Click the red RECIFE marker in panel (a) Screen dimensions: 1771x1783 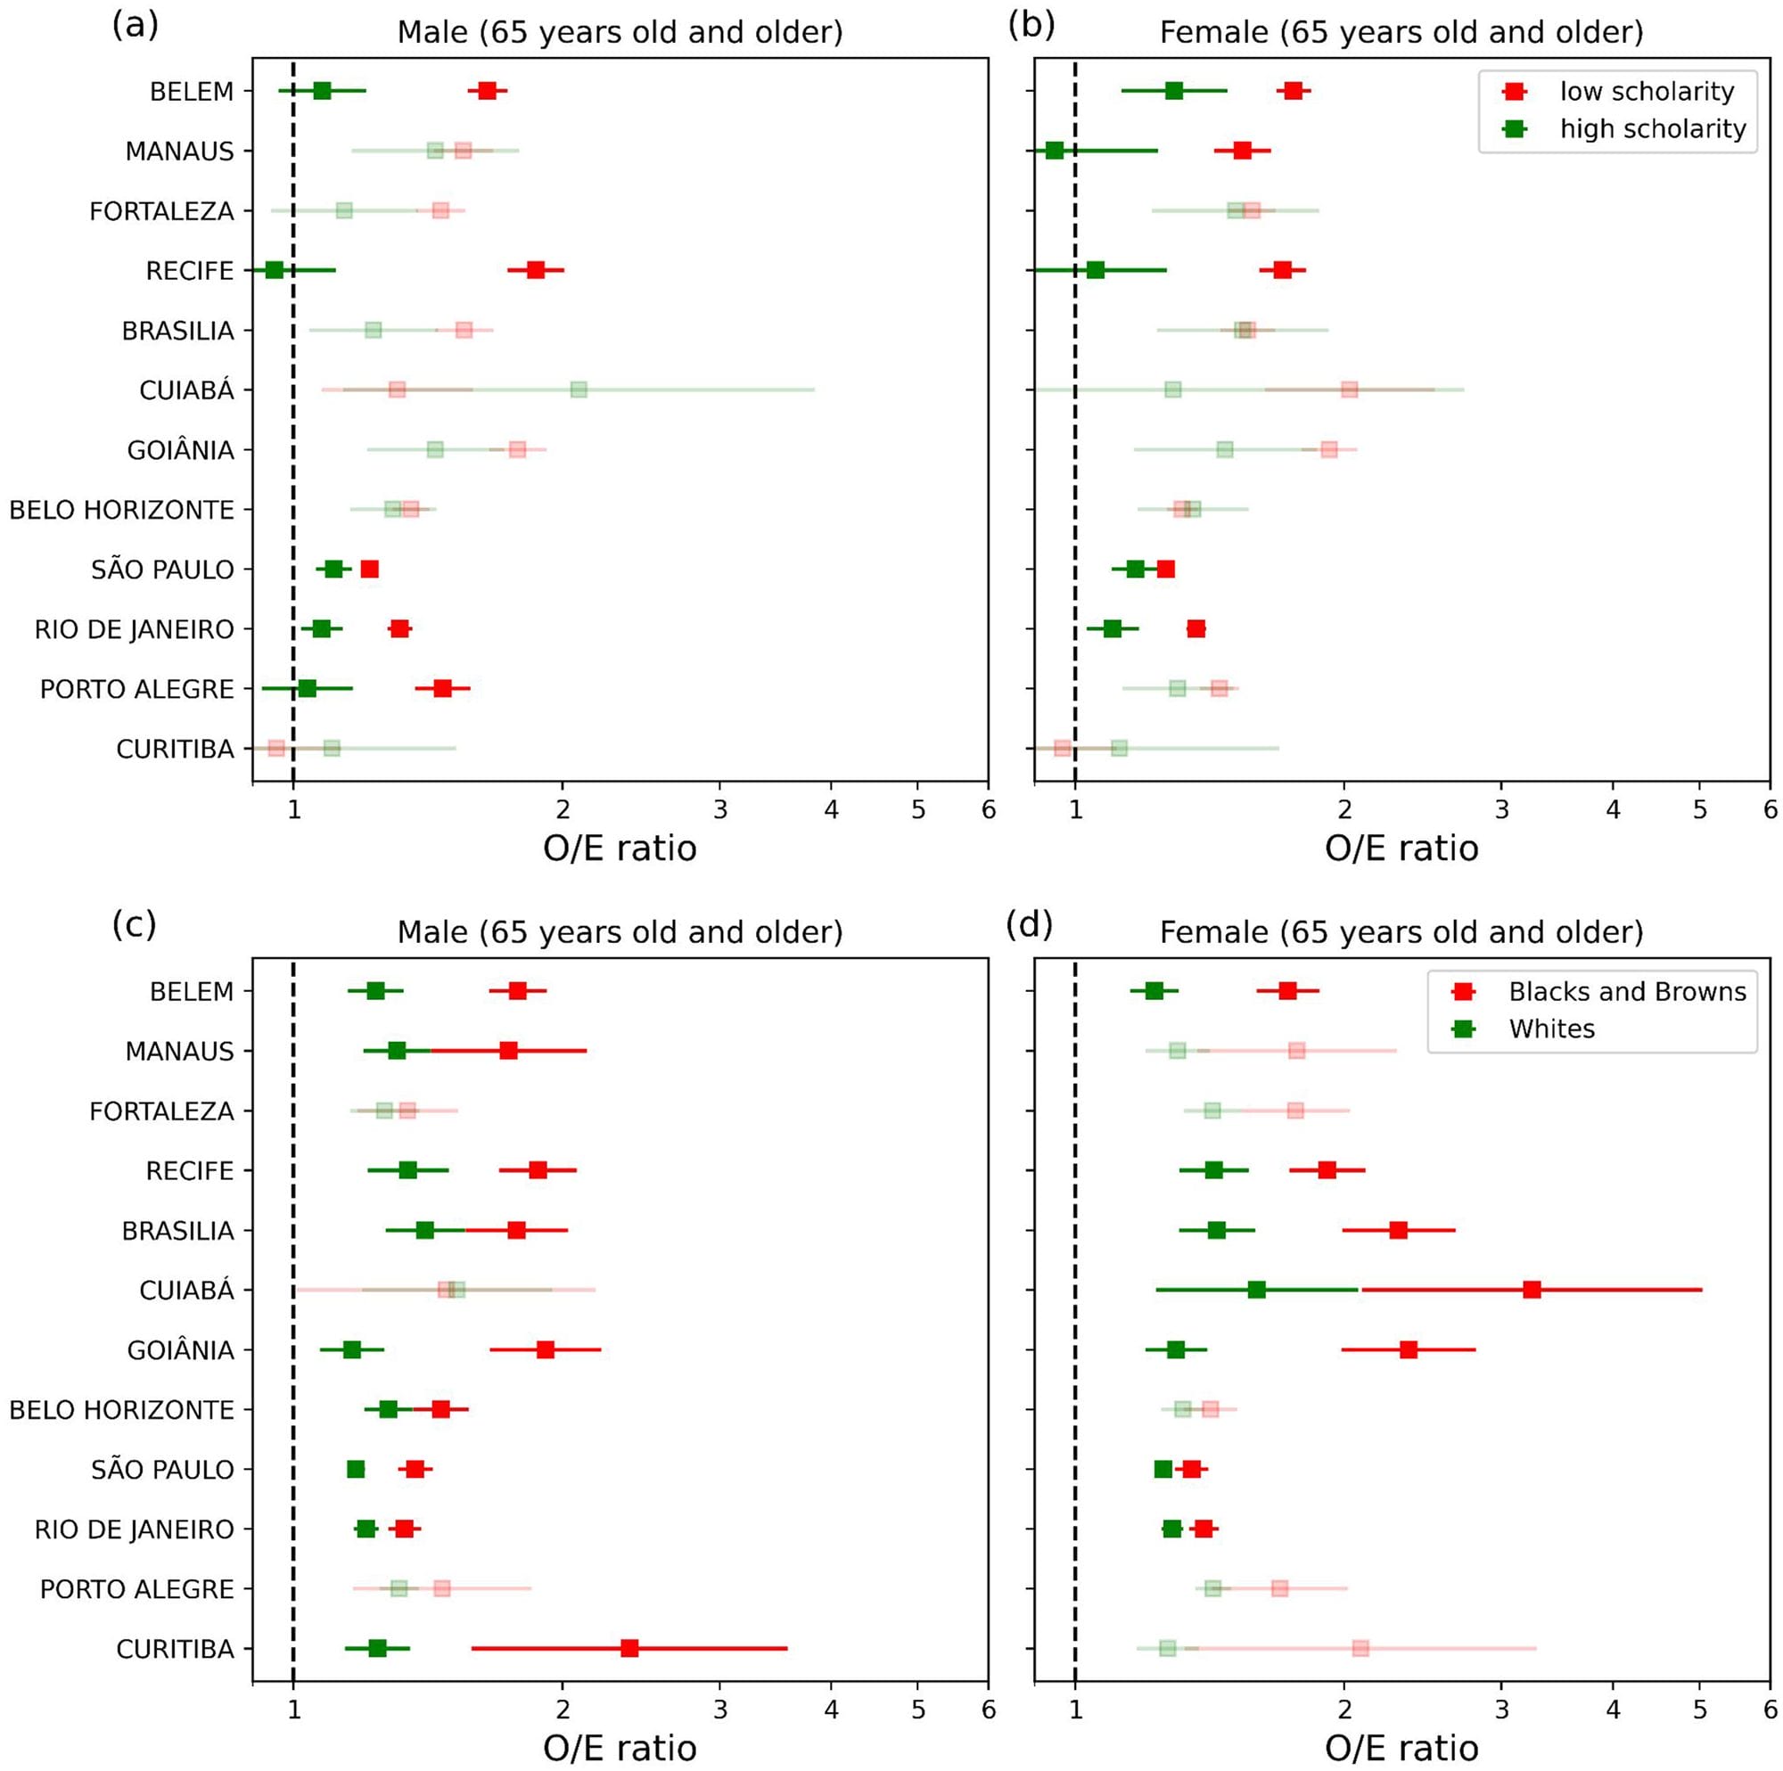[535, 269]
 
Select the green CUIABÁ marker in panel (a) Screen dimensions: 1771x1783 [579, 389]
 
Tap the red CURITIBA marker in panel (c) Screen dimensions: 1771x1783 [629, 1648]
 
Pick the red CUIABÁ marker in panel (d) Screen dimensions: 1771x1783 [1532, 1290]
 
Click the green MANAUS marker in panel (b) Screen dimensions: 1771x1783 [1054, 151]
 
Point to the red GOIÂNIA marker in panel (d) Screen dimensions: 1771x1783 [1409, 1349]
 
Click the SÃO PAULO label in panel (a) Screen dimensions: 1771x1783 [162, 570]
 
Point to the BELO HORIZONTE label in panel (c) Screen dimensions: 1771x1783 [122, 1409]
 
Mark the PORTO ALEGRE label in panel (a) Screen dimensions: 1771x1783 [136, 688]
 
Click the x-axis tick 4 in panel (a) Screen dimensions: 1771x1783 [832, 810]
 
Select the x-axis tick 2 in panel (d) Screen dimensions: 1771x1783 [1344, 1710]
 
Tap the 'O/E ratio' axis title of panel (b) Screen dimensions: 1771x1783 [1401, 849]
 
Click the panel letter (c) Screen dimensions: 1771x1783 [135, 923]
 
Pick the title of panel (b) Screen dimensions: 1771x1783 [1401, 32]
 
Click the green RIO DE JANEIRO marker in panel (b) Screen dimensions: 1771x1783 [1112, 628]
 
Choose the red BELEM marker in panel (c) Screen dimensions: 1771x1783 [518, 990]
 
